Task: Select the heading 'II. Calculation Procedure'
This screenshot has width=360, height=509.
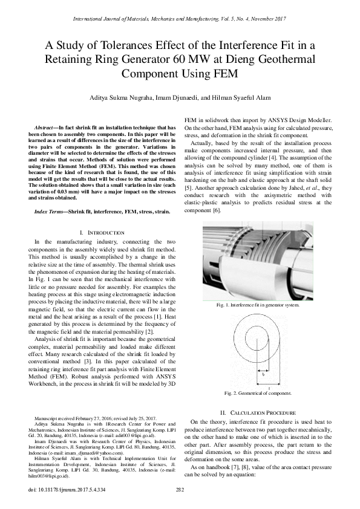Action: tap(263, 412)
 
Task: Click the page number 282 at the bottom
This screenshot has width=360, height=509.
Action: tap(180, 490)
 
